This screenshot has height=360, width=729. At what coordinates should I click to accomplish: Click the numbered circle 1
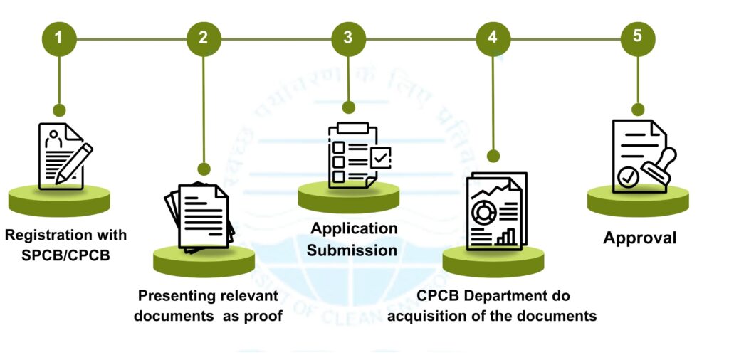click(59, 38)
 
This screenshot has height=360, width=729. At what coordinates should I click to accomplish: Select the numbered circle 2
click(204, 38)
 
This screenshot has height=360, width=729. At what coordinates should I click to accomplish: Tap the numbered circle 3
click(348, 38)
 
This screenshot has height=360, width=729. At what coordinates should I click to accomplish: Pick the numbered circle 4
click(493, 38)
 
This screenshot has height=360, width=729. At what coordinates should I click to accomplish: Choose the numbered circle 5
click(638, 38)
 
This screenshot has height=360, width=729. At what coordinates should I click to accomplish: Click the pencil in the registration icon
click(77, 162)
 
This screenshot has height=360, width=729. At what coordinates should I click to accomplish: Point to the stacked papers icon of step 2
click(201, 216)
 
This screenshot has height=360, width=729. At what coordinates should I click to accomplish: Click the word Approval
click(640, 238)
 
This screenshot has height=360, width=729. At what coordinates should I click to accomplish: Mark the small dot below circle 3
click(348, 107)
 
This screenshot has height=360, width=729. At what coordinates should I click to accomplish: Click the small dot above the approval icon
click(638, 110)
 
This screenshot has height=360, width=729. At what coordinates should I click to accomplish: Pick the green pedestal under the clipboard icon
click(348, 198)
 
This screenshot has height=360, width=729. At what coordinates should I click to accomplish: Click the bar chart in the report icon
click(506, 237)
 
